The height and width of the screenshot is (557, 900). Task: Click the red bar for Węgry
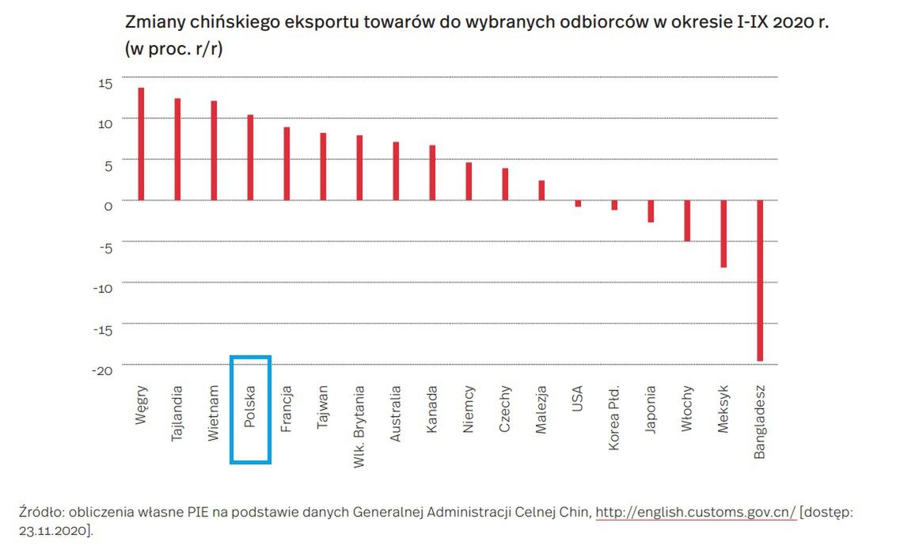pyautogui.click(x=141, y=144)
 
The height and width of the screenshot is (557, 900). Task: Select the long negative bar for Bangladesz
pyautogui.click(x=760, y=280)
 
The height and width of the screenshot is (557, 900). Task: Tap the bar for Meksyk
pyautogui.click(x=723, y=233)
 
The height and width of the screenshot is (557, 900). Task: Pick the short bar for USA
pyautogui.click(x=578, y=203)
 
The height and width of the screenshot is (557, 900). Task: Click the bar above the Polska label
pyautogui.click(x=250, y=157)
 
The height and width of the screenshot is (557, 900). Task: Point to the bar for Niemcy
pyautogui.click(x=469, y=181)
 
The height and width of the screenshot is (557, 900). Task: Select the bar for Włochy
pyautogui.click(x=687, y=220)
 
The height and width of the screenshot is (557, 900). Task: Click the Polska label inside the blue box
pyautogui.click(x=250, y=407)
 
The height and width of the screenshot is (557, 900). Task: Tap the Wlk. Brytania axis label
pyautogui.click(x=359, y=426)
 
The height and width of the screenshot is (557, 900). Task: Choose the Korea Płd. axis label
pyautogui.click(x=614, y=419)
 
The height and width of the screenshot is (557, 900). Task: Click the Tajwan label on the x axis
pyautogui.click(x=323, y=407)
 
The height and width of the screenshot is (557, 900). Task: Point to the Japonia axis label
pyautogui.click(x=651, y=410)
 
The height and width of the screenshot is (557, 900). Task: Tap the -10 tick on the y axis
pyautogui.click(x=103, y=288)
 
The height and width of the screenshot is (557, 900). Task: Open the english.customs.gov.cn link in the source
pyautogui.click(x=695, y=512)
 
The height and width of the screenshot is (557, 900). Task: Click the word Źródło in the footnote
pyautogui.click(x=40, y=512)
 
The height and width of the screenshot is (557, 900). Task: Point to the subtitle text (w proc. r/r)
pyautogui.click(x=173, y=48)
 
